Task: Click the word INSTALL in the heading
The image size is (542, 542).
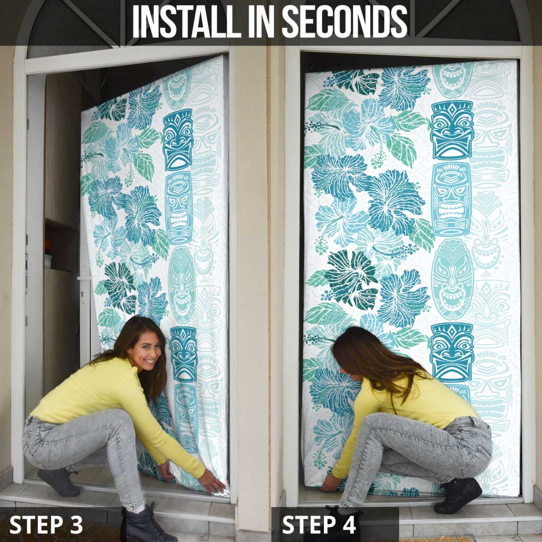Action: pyautogui.click(x=186, y=21)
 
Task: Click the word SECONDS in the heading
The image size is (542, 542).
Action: pyautogui.click(x=345, y=21)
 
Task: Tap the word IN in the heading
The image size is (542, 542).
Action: pyautogui.click(x=261, y=21)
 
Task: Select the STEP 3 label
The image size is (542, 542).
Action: pyautogui.click(x=46, y=525)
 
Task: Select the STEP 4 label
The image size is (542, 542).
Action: pyautogui.click(x=319, y=525)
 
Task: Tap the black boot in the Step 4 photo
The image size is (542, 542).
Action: pyautogui.click(x=458, y=495)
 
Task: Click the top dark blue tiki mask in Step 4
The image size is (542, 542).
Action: pyautogui.click(x=452, y=130)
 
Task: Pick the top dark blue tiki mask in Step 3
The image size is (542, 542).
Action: pyautogui.click(x=178, y=140)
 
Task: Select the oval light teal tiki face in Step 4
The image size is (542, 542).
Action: pyautogui.click(x=452, y=279)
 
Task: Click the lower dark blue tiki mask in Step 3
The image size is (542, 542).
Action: pyautogui.click(x=184, y=354)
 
